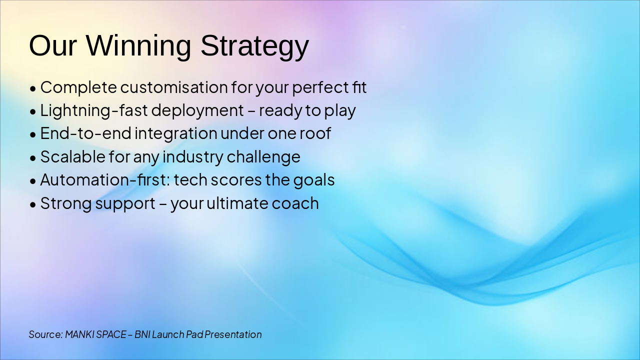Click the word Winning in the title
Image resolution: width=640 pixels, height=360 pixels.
coord(138,45)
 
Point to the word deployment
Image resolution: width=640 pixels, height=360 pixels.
coord(197,111)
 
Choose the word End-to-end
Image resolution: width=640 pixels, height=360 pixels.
coord(85,133)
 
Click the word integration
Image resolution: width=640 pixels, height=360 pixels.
coord(176,133)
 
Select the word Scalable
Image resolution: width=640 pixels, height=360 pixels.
coord(73,156)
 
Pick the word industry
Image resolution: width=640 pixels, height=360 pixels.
coord(193,157)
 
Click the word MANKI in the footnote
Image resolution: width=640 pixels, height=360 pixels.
coord(79,334)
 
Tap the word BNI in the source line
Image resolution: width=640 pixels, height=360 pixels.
coord(142,334)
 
